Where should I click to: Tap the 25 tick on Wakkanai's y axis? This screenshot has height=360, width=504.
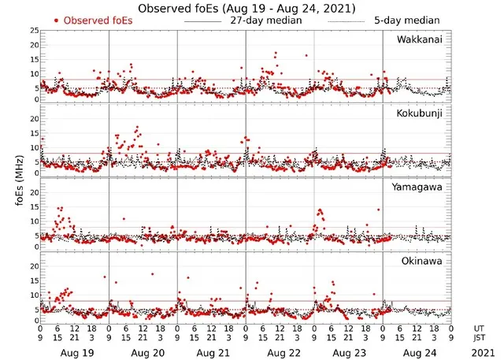coord(32,31)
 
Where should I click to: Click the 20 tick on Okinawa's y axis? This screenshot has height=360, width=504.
coord(32,266)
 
